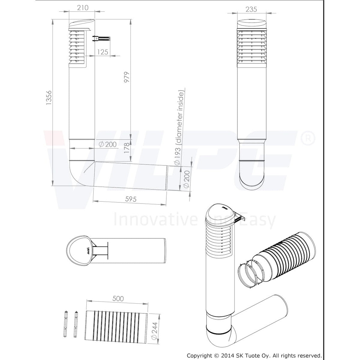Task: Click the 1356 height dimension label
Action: (49, 98)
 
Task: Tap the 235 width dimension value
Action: (251, 9)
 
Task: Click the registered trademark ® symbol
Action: (310, 138)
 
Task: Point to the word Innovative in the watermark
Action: (156, 219)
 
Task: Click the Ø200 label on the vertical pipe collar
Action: (107, 144)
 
